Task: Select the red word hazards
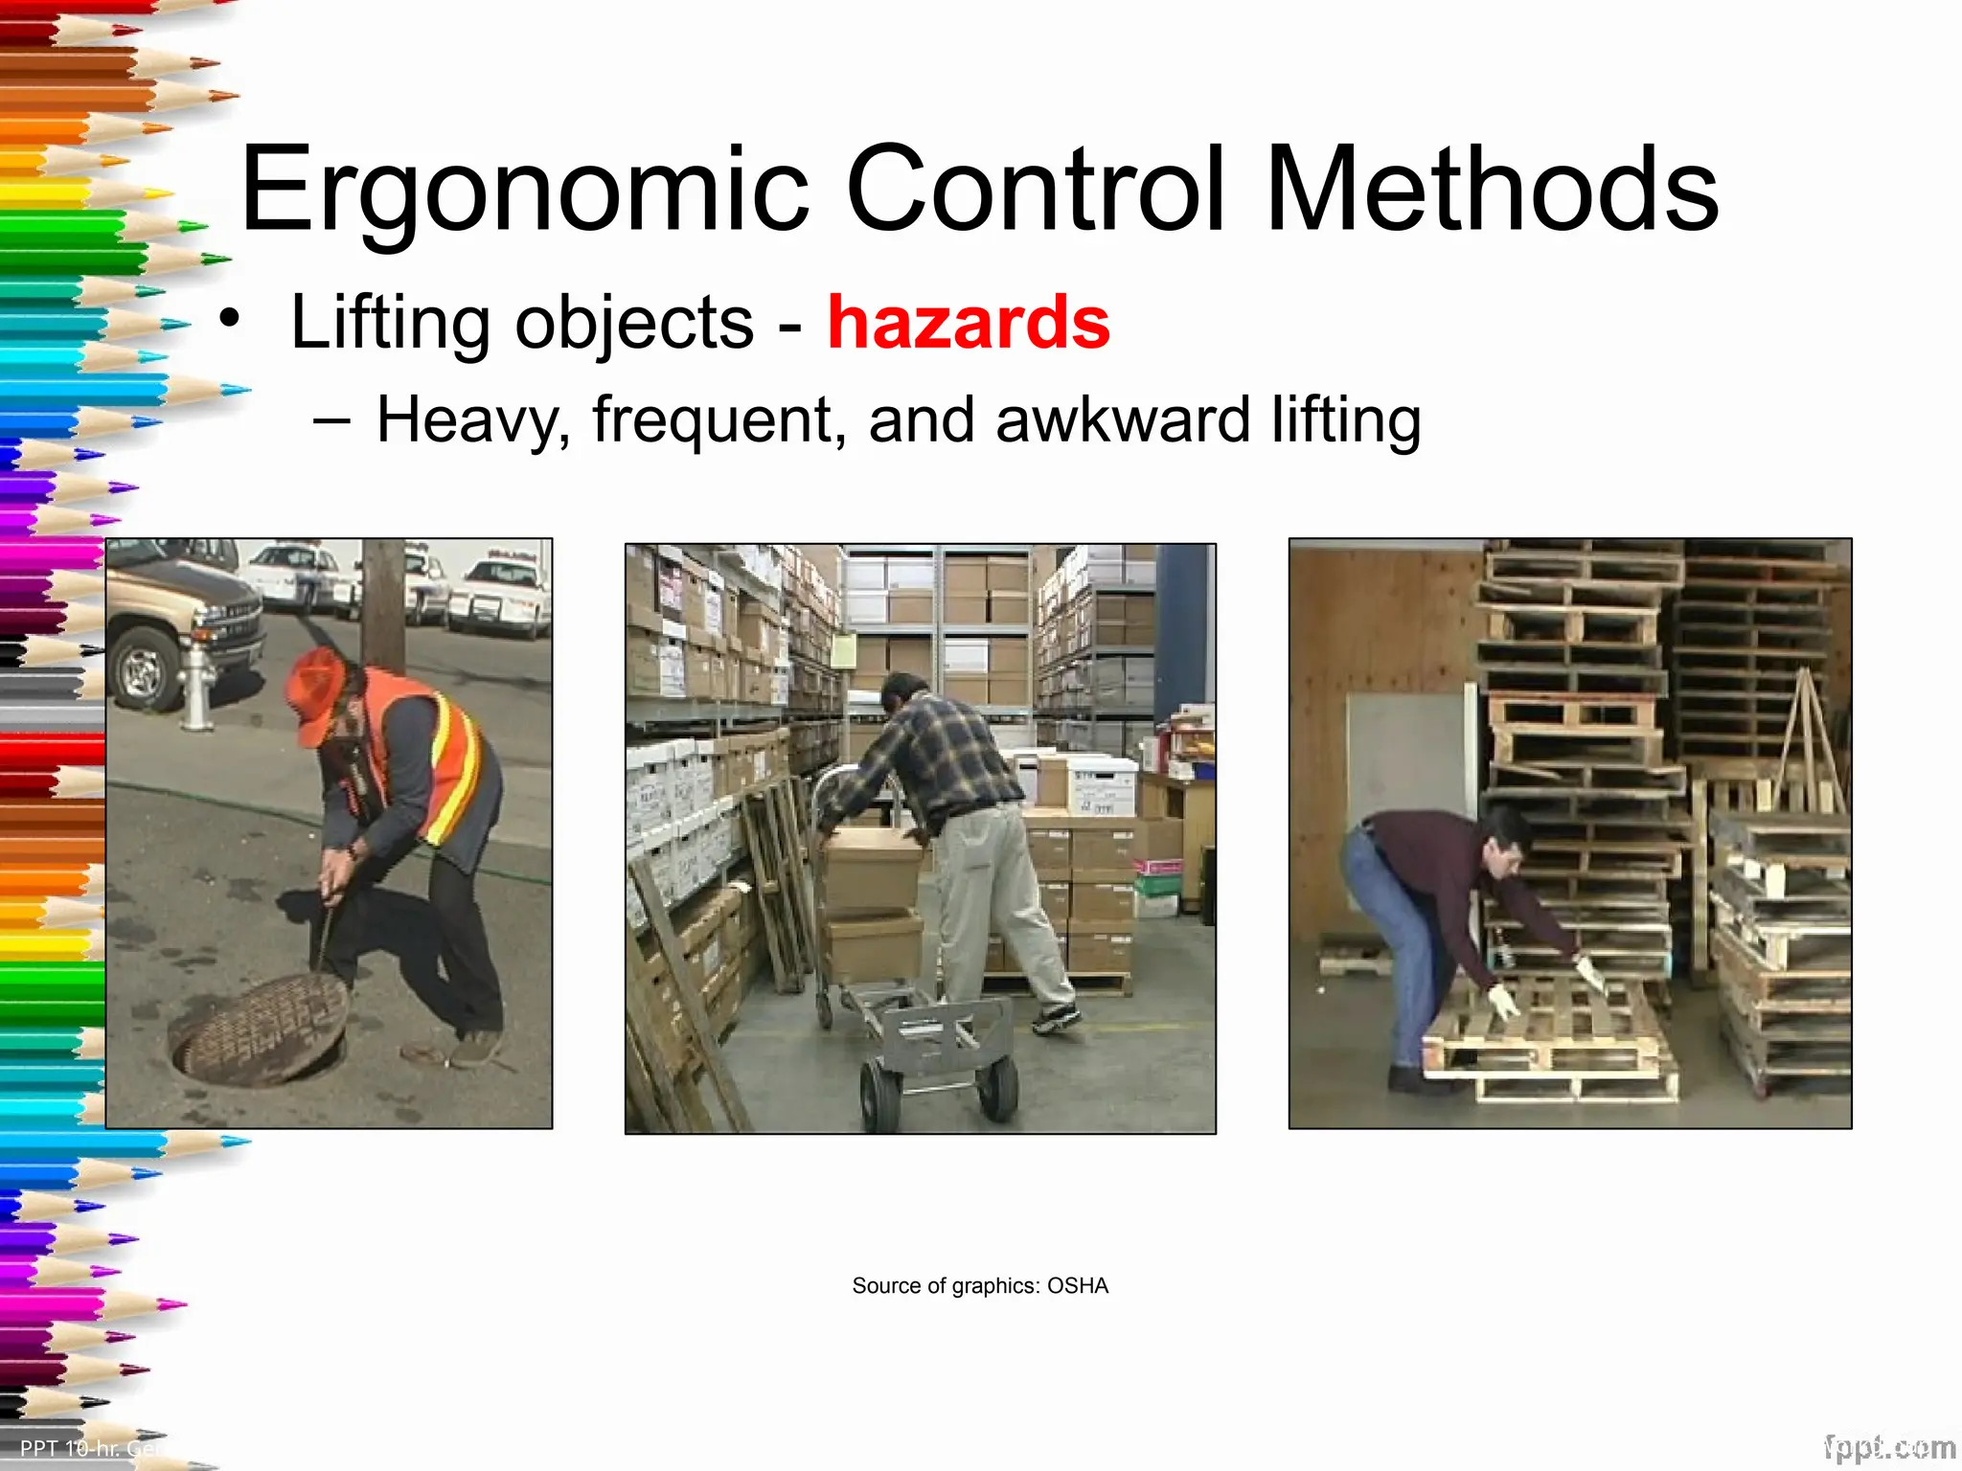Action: [969, 323]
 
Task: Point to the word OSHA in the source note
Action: [1077, 1285]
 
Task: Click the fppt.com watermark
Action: [1889, 1447]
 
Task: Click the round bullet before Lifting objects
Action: [228, 319]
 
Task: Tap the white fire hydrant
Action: [198, 684]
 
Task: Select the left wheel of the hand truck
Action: [879, 1097]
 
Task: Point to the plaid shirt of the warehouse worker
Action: [929, 757]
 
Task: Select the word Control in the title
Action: [1036, 190]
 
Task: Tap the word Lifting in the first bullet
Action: [392, 323]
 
